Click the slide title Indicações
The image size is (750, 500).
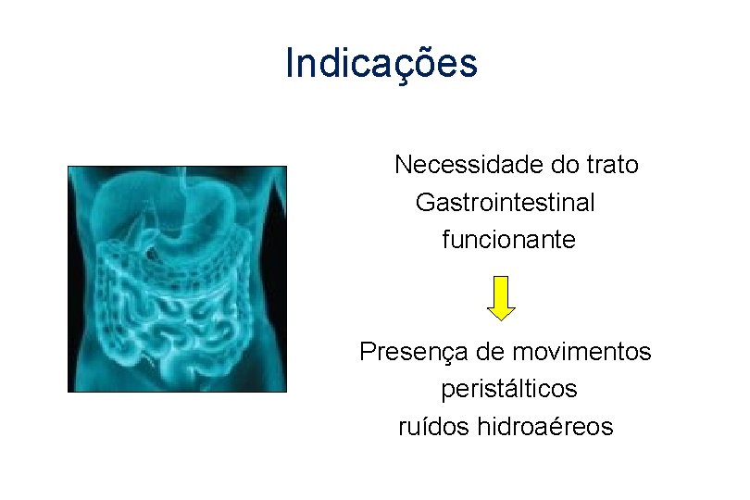click(x=381, y=64)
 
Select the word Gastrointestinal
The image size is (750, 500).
click(x=506, y=202)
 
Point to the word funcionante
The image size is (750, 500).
click(x=508, y=240)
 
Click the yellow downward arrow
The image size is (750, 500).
click(x=501, y=297)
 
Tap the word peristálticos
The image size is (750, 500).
click(x=508, y=389)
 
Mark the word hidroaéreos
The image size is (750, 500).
click(x=545, y=427)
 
